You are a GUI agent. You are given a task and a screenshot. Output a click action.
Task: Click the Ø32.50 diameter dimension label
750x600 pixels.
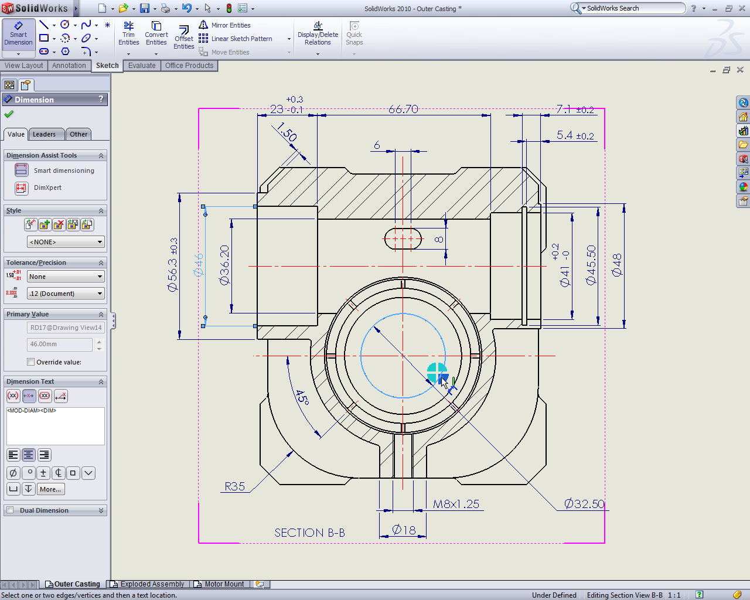(x=584, y=504)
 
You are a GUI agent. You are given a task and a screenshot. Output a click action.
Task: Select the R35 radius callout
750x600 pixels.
(x=234, y=486)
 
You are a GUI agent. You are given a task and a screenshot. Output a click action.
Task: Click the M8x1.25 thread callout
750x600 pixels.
(x=456, y=504)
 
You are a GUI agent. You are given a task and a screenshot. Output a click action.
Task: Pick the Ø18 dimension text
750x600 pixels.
(x=404, y=530)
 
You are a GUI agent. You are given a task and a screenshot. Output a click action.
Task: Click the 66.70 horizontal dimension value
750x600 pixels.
(x=403, y=109)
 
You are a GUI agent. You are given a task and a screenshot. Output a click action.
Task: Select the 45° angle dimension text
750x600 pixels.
(x=302, y=398)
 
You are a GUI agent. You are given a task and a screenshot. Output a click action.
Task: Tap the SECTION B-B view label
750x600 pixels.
(x=309, y=533)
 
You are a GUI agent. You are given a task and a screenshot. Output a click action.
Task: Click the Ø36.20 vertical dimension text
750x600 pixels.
(x=224, y=265)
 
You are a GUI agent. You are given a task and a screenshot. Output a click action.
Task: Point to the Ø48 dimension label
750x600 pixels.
(x=616, y=265)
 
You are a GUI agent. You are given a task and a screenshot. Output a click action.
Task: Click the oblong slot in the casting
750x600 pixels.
(x=403, y=238)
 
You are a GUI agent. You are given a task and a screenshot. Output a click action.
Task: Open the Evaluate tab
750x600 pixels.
(x=142, y=66)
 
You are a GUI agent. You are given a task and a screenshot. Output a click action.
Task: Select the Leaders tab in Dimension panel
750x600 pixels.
(x=44, y=134)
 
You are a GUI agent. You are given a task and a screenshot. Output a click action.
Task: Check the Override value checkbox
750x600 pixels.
(x=31, y=362)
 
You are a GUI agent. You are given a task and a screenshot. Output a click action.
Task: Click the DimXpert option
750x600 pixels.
(x=47, y=187)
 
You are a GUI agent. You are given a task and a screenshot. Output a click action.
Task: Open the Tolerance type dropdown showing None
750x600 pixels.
(x=66, y=277)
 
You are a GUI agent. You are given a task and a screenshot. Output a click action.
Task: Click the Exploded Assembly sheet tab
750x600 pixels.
(x=152, y=584)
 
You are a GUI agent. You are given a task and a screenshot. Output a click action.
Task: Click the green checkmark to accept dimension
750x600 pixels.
(x=9, y=114)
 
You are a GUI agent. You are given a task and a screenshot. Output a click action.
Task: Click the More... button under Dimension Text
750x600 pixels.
(x=50, y=489)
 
